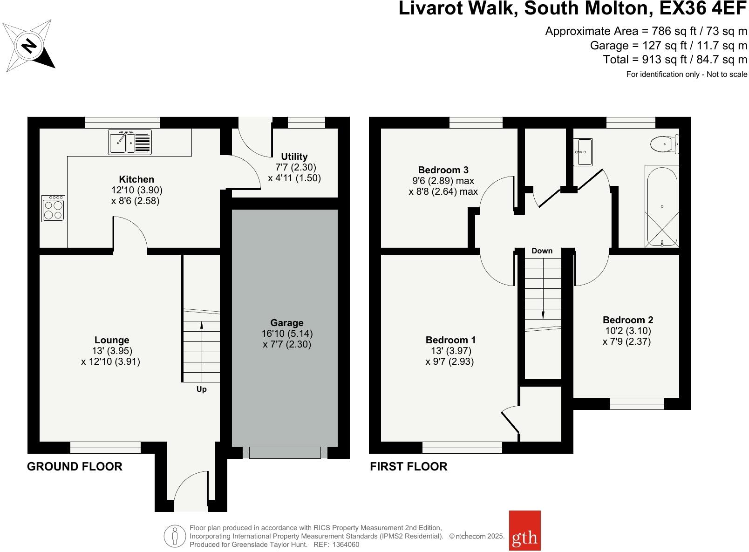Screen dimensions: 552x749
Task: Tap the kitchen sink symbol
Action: pyautogui.click(x=130, y=142)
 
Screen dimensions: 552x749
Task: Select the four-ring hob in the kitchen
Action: pyautogui.click(x=53, y=209)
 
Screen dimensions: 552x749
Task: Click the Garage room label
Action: pyautogui.click(x=287, y=323)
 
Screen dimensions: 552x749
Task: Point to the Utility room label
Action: pyautogui.click(x=294, y=157)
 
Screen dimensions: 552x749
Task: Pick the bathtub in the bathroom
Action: pyautogui.click(x=662, y=206)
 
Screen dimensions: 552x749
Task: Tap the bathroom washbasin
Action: pyautogui.click(x=583, y=152)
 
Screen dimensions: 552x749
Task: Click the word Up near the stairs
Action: pyautogui.click(x=201, y=389)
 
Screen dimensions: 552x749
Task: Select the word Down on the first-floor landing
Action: pyautogui.click(x=542, y=251)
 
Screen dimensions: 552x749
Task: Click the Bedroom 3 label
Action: pyautogui.click(x=443, y=170)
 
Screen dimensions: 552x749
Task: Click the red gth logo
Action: pyautogui.click(x=525, y=537)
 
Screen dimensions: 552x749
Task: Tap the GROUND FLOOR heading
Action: pyautogui.click(x=75, y=467)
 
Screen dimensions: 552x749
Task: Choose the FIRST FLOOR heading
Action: pyautogui.click(x=409, y=467)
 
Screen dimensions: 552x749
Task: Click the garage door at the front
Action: pyautogui.click(x=285, y=452)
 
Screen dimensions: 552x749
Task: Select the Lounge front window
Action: pyautogui.click(x=105, y=448)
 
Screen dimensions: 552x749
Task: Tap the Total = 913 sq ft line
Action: pyautogui.click(x=675, y=60)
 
